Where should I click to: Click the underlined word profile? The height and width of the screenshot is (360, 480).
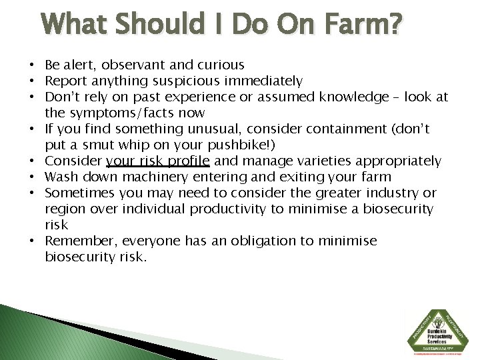[x=187, y=161]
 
